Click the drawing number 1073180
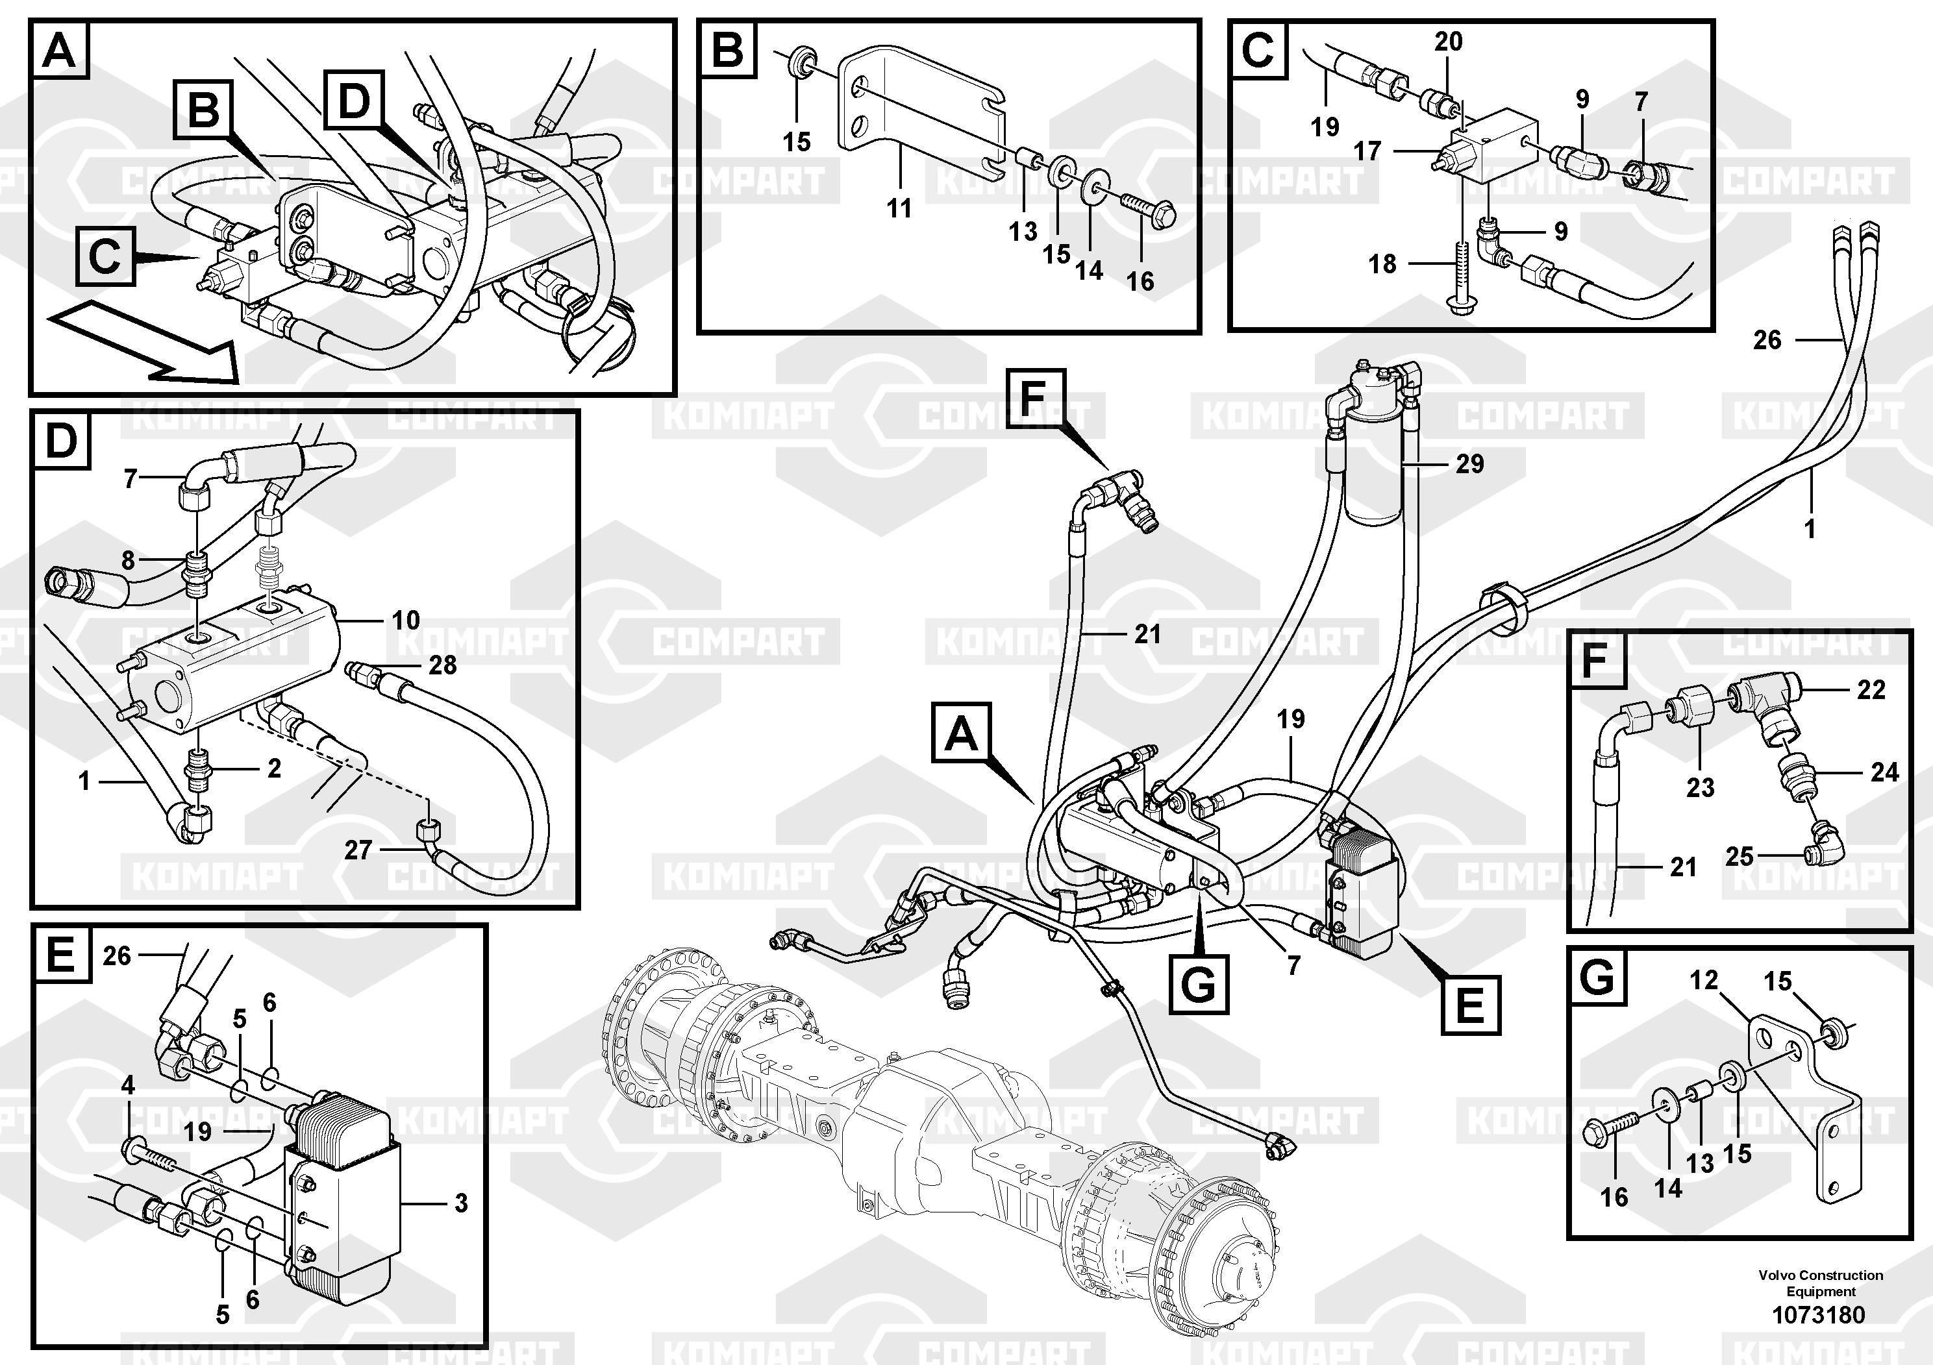(x=1819, y=1314)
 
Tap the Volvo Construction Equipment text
(x=1820, y=1283)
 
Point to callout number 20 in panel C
(x=1448, y=42)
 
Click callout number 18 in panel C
(x=1382, y=264)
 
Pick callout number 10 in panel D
(x=406, y=621)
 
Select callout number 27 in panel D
(x=358, y=850)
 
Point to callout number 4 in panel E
(x=128, y=1086)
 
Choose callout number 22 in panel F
(x=1871, y=690)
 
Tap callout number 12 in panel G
(x=1704, y=979)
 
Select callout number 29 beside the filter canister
(x=1470, y=463)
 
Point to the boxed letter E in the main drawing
(x=1470, y=1005)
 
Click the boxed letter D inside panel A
(x=354, y=103)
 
